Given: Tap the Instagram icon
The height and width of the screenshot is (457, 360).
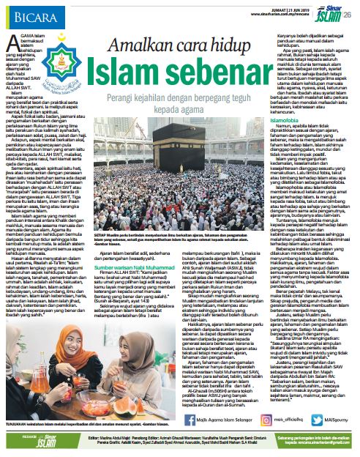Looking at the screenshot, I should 234,420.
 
